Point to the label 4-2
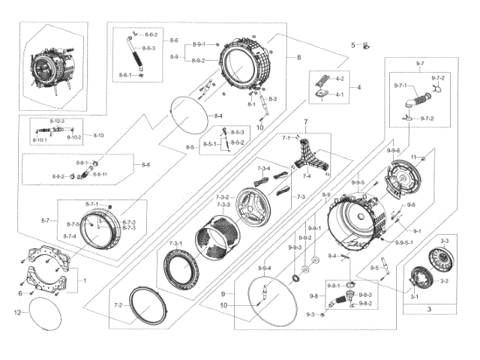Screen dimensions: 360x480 340,79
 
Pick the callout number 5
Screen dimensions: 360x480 352,46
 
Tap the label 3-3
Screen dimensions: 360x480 444,241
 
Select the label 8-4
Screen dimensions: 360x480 217,115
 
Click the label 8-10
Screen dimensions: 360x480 98,135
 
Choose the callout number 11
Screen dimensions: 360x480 412,155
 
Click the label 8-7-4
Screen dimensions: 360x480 70,236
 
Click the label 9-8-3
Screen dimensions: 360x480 365,295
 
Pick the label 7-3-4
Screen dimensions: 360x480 263,169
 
